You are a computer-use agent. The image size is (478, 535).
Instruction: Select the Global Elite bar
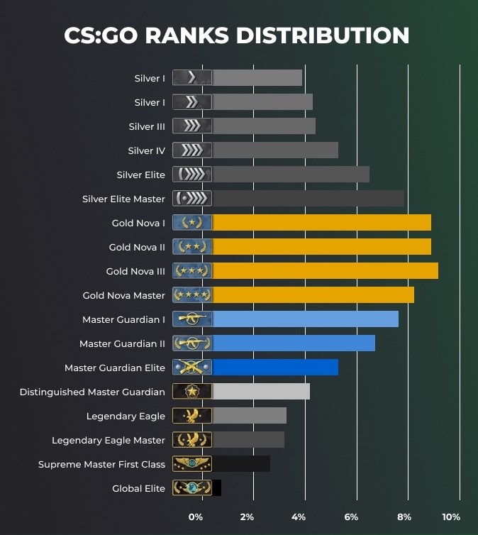pos(216,488)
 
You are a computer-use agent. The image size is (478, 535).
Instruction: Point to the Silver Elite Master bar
pos(308,199)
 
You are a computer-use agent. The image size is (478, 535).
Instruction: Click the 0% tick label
pos(196,517)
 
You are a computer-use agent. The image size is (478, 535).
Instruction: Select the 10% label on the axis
pos(451,517)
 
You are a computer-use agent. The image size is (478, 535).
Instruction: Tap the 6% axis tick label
pos(351,517)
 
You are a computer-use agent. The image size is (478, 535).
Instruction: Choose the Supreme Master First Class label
pos(101,464)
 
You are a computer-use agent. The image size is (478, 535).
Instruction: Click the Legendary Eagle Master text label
pos(109,440)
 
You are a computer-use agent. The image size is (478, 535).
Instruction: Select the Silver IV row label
pos(146,150)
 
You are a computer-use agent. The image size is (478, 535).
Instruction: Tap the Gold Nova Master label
pos(123,295)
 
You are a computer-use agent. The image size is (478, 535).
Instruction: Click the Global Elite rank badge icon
pos(192,488)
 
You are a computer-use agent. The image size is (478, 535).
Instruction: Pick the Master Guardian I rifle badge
pos(192,319)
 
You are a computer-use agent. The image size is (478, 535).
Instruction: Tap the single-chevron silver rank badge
pos(192,78)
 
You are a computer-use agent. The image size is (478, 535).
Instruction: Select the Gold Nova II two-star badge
pos(192,247)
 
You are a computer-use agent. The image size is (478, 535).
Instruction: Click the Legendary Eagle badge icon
pos(192,416)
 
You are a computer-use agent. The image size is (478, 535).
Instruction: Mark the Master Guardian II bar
pos(294,343)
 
